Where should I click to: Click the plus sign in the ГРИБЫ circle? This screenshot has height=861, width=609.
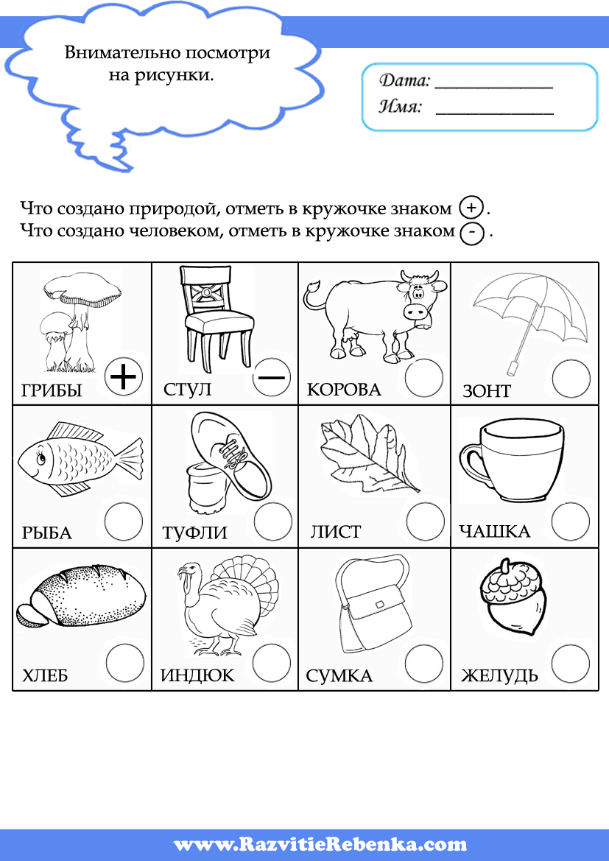pyautogui.click(x=124, y=378)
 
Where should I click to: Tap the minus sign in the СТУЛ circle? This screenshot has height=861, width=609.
pyautogui.click(x=271, y=377)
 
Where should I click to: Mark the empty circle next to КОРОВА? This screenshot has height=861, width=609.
pyautogui.click(x=424, y=378)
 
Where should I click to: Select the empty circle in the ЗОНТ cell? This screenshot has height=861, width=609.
pyautogui.click(x=571, y=379)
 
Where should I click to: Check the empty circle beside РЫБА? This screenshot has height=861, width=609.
pyautogui.click(x=123, y=521)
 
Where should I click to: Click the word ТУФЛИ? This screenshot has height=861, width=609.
pyautogui.click(x=194, y=533)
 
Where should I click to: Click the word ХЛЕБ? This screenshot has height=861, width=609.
pyautogui.click(x=45, y=675)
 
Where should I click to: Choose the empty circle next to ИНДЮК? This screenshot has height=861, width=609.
pyautogui.click(x=272, y=663)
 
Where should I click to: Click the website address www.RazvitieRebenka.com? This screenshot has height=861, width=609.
pyautogui.click(x=320, y=844)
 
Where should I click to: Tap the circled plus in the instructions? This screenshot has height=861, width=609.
pyautogui.click(x=471, y=207)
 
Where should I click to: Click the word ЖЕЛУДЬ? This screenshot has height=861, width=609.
pyautogui.click(x=499, y=675)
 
